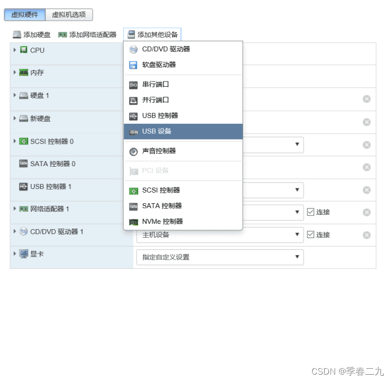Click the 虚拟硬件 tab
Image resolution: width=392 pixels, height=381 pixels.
24,15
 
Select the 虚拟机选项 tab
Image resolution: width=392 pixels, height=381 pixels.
69,15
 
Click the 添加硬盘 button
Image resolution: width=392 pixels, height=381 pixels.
32,35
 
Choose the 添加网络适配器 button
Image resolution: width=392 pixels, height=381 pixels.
87,35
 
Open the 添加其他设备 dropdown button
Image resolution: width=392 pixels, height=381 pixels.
153,35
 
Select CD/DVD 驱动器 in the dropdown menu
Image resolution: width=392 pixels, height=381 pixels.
166,49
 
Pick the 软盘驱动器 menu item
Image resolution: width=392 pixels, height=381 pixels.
159,65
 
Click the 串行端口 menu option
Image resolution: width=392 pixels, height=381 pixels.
156,84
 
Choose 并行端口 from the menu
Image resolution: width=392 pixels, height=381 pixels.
156,100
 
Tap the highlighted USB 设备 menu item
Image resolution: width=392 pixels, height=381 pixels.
157,131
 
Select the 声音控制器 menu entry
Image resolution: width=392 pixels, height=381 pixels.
159,151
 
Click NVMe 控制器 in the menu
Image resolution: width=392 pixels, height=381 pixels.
163,222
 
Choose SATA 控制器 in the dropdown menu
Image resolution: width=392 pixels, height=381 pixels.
162,206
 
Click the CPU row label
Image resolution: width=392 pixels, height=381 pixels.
37,50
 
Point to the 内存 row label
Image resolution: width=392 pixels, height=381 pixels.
37,73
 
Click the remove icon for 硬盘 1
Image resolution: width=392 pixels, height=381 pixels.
367,99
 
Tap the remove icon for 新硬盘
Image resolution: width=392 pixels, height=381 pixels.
367,122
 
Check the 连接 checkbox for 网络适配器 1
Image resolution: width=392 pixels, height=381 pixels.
311,212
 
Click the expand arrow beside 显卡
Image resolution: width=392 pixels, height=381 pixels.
15,254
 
